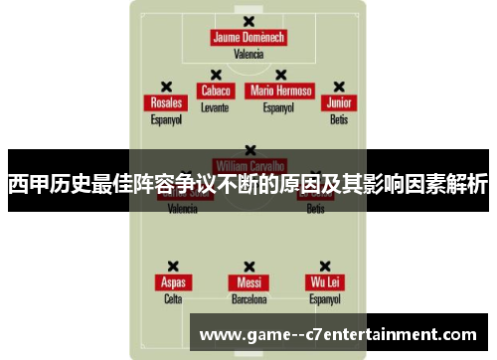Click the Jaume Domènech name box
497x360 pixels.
click(x=248, y=38)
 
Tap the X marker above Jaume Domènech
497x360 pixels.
click(x=248, y=20)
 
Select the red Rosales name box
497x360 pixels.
click(x=166, y=102)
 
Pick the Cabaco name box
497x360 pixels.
click(x=215, y=90)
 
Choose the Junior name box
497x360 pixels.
click(x=339, y=102)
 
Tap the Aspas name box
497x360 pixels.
click(x=173, y=281)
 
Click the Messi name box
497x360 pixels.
click(x=248, y=281)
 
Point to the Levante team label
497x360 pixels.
click(x=215, y=106)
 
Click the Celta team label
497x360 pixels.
click(x=173, y=298)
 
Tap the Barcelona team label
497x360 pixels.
click(x=248, y=298)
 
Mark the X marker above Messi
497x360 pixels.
click(x=248, y=265)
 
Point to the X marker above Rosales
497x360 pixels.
click(x=166, y=86)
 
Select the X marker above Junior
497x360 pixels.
click(x=339, y=86)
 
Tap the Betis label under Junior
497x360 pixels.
click(x=339, y=119)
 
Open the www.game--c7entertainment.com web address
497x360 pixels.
click(x=338, y=333)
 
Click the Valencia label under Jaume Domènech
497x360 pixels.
click(x=248, y=55)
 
